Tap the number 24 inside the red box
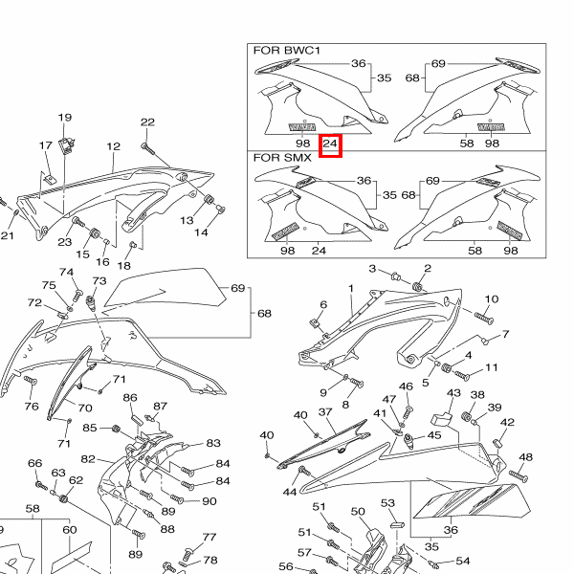click(x=330, y=145)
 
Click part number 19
click(x=65, y=118)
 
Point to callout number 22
click(x=147, y=121)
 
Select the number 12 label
click(x=114, y=146)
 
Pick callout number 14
click(x=202, y=232)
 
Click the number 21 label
click(x=7, y=236)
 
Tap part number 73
click(x=99, y=281)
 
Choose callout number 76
click(x=32, y=407)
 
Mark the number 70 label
click(x=85, y=408)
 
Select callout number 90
click(x=209, y=501)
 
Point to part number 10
click(x=492, y=299)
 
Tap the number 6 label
click(x=323, y=305)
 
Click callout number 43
click(x=454, y=393)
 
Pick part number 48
click(x=526, y=457)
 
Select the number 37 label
click(x=324, y=412)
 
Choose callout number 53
click(x=387, y=502)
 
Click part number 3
click(x=372, y=269)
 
